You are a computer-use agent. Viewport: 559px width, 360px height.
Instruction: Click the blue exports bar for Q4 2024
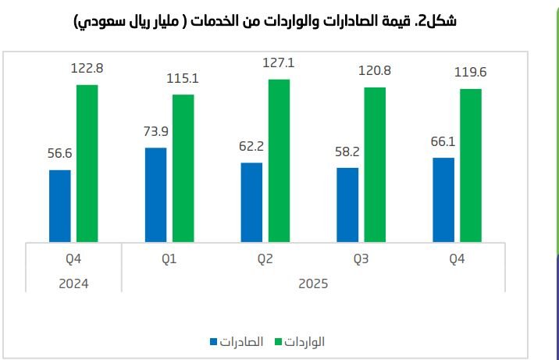[x=60, y=205]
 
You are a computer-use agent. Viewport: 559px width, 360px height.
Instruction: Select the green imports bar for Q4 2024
[x=87, y=162]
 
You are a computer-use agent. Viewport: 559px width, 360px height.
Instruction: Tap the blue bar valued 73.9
[x=156, y=194]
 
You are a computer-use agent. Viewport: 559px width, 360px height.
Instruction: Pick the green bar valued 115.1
[x=183, y=168]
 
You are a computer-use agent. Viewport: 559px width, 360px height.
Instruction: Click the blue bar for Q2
[x=251, y=202]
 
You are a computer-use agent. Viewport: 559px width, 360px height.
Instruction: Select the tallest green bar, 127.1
[x=279, y=160]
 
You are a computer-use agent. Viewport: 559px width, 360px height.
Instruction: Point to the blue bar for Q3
[x=347, y=205]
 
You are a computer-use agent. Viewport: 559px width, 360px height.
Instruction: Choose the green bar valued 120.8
[x=375, y=164]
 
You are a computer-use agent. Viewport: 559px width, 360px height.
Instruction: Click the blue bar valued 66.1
[x=443, y=199]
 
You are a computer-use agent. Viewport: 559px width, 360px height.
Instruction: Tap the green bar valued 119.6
[x=471, y=165]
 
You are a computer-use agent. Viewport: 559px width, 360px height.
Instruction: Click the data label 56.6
[x=60, y=154]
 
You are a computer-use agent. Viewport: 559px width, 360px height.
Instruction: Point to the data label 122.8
[x=87, y=68]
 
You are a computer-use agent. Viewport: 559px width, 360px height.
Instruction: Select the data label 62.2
[x=251, y=146]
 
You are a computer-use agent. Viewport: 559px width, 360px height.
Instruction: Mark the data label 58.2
[x=347, y=151]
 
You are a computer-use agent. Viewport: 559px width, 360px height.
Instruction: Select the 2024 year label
[x=73, y=283]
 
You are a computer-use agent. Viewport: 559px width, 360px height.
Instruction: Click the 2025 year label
[x=313, y=283]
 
